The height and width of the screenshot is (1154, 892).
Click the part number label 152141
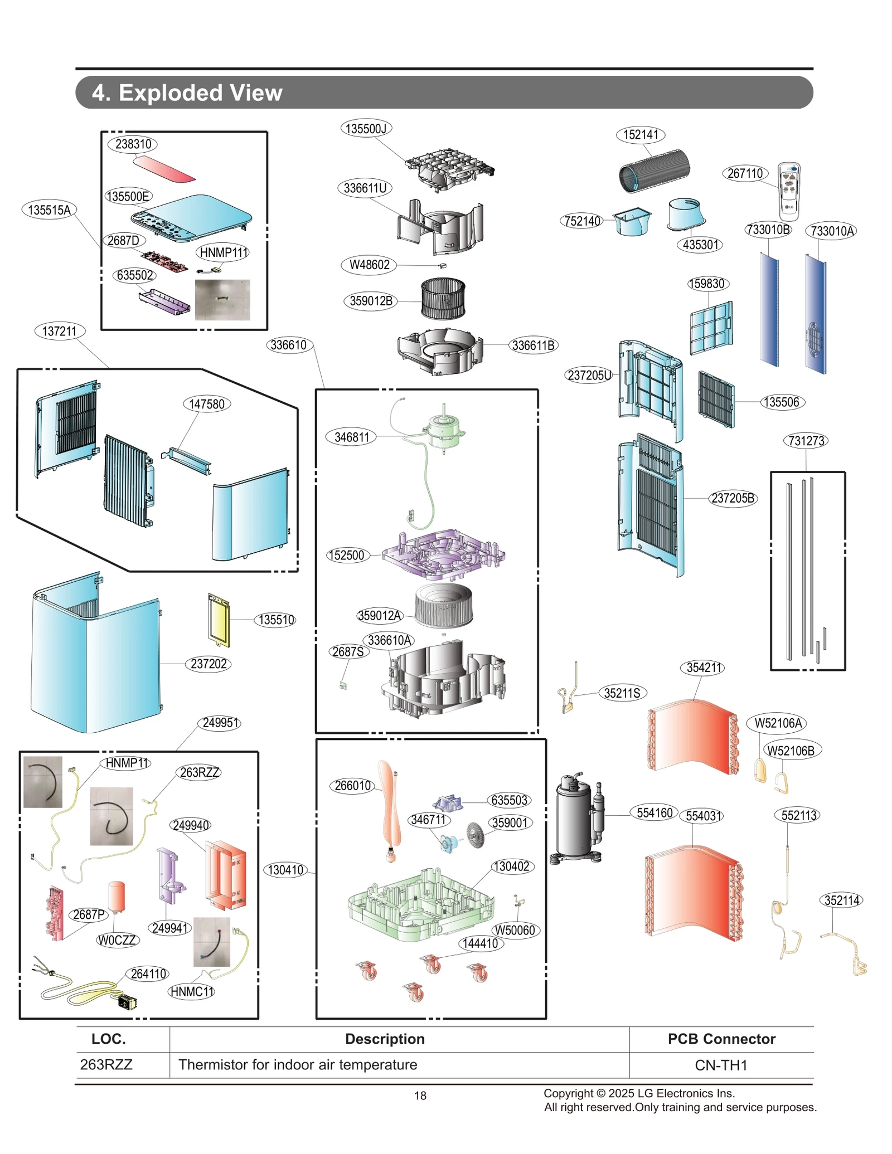[x=640, y=135]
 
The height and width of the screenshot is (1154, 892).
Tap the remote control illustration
[x=789, y=191]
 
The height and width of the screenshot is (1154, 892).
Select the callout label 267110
[x=745, y=173]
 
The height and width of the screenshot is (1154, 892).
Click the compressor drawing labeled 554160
[x=577, y=817]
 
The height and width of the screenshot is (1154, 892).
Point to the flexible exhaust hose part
[x=655, y=171]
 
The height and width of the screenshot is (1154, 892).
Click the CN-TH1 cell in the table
[x=720, y=1065]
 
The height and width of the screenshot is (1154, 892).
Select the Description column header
[x=385, y=1039]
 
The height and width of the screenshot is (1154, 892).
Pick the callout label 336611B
[x=533, y=345]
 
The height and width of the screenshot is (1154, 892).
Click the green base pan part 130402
[x=421, y=903]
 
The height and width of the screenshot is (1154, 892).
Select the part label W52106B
[x=791, y=751]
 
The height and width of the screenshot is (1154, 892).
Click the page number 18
[x=420, y=1095]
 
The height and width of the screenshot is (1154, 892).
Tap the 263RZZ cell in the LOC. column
[x=106, y=1065]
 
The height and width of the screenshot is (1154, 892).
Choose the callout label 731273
[x=806, y=441]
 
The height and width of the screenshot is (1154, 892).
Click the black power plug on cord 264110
[x=127, y=1001]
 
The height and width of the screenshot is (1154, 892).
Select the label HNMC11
[x=191, y=992]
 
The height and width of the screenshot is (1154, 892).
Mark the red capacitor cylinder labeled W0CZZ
[x=117, y=897]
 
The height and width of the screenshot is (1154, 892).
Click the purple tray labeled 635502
[x=164, y=302]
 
